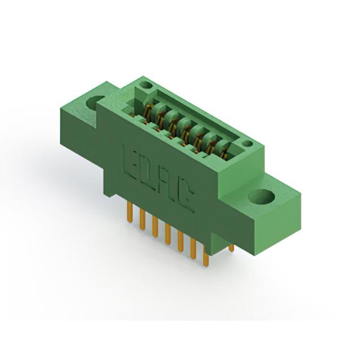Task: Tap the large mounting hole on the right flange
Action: tap(262, 196)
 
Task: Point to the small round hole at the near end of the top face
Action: tap(247, 144)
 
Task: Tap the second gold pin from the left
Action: tap(142, 220)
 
